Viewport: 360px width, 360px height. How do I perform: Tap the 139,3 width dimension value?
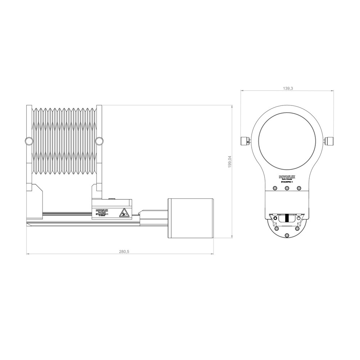point(287,88)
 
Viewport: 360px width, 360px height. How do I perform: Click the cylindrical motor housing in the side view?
point(191,218)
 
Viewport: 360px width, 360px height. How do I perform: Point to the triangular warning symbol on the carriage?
point(123,212)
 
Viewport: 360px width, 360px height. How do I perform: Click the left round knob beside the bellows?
point(28,140)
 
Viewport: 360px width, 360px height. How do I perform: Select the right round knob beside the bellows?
point(99,140)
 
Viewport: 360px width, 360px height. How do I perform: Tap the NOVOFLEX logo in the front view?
point(287,177)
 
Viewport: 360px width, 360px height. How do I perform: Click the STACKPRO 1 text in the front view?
point(287,183)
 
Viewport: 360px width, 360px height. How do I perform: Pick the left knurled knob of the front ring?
point(244,141)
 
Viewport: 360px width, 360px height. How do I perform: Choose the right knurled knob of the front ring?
point(329,141)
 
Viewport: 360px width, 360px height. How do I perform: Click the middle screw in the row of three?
point(287,188)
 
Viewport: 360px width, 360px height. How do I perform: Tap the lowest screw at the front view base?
point(287,235)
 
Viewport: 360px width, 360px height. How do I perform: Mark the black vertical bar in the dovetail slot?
point(287,218)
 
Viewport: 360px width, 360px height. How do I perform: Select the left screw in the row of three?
point(275,188)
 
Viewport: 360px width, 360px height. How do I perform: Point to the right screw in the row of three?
point(298,188)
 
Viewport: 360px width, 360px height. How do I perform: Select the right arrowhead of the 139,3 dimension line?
point(333,91)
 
